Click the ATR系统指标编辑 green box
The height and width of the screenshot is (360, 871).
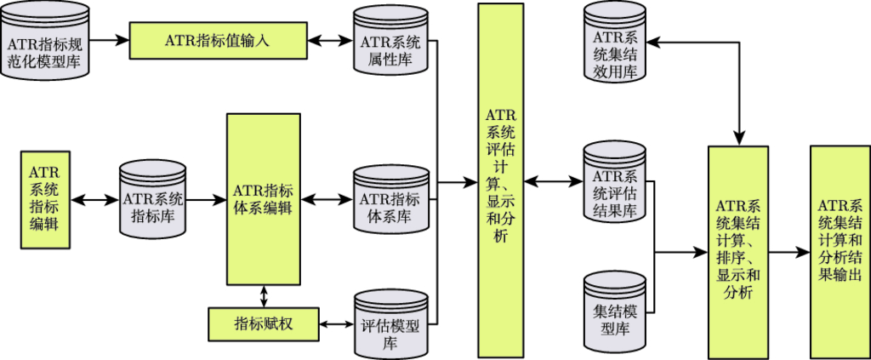[x=44, y=199]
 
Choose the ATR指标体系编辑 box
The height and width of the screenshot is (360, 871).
[x=263, y=199]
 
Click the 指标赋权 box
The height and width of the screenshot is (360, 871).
[x=263, y=323]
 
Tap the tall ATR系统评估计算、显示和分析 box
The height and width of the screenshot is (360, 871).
[x=500, y=180]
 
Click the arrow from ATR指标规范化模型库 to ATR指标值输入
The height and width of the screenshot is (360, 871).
[x=110, y=40]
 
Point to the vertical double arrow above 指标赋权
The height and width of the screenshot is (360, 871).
[x=263, y=295]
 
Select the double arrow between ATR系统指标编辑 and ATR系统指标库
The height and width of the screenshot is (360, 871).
[x=94, y=200]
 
